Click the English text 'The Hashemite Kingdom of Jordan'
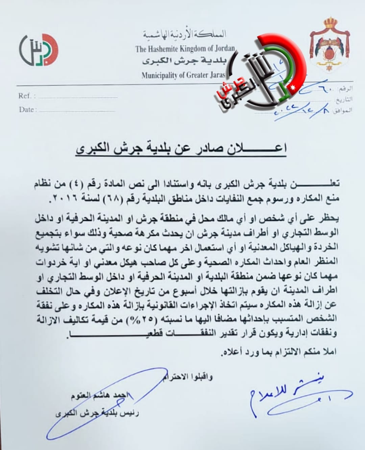(185, 49)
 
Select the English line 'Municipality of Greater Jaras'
(183, 75)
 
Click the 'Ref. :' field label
(27, 96)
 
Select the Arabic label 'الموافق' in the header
(343, 110)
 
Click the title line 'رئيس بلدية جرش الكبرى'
(97, 413)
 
